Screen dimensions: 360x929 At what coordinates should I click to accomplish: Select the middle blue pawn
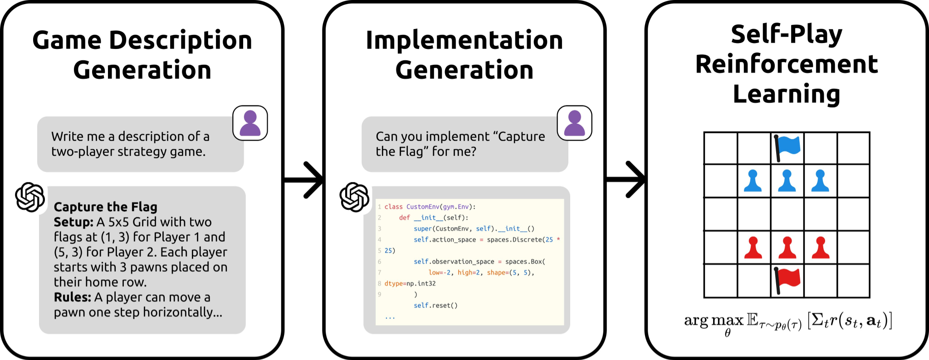pos(787,180)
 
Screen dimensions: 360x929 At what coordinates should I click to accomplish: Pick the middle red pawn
pos(787,248)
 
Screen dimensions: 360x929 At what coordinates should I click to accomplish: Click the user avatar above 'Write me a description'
pos(250,123)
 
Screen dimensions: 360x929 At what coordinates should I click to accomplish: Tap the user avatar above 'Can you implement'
pos(574,123)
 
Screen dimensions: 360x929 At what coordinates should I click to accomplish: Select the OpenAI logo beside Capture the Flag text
pos(30,197)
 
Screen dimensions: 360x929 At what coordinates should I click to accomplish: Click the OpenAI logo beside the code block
pos(354,197)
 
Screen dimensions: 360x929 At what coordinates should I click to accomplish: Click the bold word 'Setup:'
pos(73,222)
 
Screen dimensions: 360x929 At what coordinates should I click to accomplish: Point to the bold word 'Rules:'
pos(73,297)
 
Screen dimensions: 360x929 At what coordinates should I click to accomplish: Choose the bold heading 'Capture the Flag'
pos(105,207)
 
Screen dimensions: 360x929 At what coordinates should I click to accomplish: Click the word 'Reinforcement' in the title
pos(787,64)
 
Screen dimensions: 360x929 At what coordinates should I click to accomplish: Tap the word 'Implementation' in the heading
pos(464,40)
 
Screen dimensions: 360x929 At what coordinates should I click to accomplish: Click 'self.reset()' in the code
pos(435,306)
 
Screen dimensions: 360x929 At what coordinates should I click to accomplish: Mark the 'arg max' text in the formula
pos(714,321)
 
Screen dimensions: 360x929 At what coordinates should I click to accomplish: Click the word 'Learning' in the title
pos(787,94)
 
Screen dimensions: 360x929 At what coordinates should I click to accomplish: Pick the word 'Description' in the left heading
pos(181,40)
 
